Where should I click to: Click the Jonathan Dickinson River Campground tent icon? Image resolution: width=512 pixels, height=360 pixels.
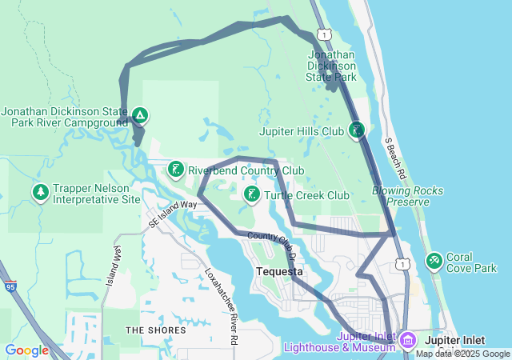coord(140,116)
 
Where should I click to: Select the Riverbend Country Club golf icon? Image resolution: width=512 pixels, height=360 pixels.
coord(175,170)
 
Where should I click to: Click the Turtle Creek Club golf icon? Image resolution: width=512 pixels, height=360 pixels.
coord(251,194)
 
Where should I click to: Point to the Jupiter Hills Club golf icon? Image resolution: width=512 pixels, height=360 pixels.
coord(357,130)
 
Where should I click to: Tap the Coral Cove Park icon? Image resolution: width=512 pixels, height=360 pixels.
coord(434,260)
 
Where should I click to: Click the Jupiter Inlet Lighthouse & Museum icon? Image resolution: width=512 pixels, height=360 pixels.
coord(407,341)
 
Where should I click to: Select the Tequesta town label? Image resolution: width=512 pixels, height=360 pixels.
coord(279,271)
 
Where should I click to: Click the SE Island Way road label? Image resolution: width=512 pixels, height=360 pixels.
coord(172,214)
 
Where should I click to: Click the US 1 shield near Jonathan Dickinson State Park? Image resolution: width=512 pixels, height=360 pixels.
coord(322,34)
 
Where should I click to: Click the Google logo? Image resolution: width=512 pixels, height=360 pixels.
coord(26,350)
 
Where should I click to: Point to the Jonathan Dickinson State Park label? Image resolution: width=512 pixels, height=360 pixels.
coord(331,66)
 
